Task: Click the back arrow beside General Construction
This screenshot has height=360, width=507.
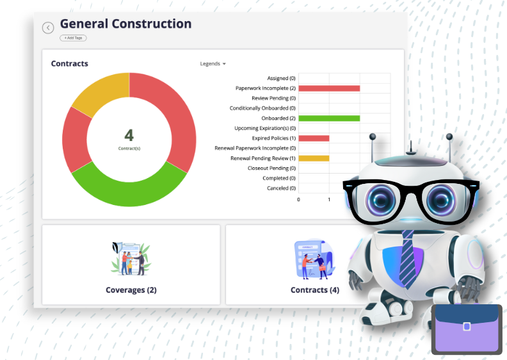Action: click(x=48, y=28)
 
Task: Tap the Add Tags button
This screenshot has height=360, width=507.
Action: click(x=73, y=38)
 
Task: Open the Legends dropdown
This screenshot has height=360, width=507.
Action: click(x=213, y=64)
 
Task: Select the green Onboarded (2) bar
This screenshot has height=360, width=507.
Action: click(x=329, y=119)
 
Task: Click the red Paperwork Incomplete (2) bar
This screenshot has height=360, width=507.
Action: click(x=329, y=88)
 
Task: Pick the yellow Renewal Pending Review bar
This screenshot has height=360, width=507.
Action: click(x=314, y=158)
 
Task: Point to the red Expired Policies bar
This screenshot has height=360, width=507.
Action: click(x=314, y=138)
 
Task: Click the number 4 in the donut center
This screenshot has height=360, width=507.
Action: click(x=129, y=136)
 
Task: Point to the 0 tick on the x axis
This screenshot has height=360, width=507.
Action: click(x=298, y=200)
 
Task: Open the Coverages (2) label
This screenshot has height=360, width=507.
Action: click(x=131, y=290)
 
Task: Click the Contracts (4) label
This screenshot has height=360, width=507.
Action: click(x=315, y=290)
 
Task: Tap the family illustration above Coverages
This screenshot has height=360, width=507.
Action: click(x=131, y=259)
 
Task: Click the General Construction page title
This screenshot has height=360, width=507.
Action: click(x=125, y=24)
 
